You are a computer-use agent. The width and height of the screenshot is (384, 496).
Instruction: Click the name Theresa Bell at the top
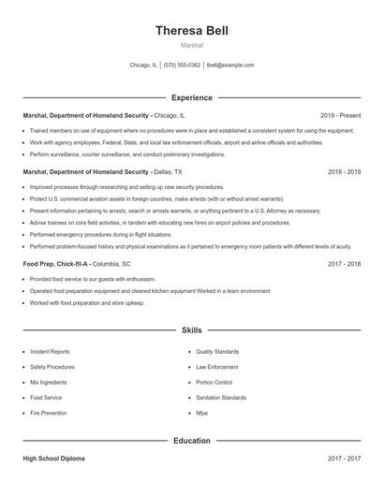(191, 30)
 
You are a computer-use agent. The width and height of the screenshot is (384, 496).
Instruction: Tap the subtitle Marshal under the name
(191, 45)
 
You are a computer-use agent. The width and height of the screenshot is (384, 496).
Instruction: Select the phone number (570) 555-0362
(182, 66)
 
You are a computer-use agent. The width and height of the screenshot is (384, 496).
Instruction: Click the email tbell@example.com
(230, 66)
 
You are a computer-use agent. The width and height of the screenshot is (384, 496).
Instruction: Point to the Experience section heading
(191, 97)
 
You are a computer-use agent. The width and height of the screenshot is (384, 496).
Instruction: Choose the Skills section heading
(191, 330)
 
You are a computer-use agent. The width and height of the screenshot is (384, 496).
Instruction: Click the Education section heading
(191, 440)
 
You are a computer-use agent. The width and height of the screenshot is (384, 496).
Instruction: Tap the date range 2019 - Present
(340, 115)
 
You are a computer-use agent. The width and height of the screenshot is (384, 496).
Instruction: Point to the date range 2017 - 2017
(344, 460)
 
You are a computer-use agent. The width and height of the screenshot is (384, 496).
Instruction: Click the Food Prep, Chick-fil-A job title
(56, 264)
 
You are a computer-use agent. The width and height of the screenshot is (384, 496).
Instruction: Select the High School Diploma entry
(54, 460)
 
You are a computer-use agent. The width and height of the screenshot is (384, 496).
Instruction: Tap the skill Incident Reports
(50, 352)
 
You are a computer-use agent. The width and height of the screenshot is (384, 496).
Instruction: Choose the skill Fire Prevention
(48, 413)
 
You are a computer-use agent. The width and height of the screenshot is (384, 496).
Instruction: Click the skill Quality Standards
(217, 352)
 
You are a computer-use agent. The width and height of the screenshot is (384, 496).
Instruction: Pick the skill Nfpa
(201, 413)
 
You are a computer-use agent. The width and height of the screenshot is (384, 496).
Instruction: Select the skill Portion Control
(214, 382)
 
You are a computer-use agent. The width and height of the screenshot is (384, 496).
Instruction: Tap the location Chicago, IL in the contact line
(143, 66)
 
